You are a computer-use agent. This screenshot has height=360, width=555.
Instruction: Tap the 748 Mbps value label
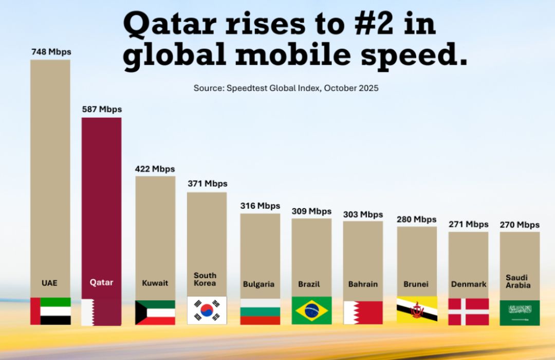pos(50,52)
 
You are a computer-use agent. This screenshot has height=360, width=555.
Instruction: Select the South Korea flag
pos(207,310)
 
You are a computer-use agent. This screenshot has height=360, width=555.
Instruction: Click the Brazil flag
pos(311,311)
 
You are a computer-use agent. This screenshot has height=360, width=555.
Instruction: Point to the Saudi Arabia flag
pos(520,313)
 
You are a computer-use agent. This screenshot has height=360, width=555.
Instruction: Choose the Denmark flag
pos(468,312)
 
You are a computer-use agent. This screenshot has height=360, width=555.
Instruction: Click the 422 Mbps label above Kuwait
pos(155,169)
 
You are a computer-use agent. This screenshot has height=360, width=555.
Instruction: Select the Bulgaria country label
pos(258,284)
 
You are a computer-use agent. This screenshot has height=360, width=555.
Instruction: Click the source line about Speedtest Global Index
pos(286,88)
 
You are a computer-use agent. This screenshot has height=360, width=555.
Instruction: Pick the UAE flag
pos(50,311)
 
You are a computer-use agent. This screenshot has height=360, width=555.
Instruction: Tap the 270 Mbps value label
pos(520,225)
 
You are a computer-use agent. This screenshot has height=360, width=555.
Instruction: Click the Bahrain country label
pos(363,284)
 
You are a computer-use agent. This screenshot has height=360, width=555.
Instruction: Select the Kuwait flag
pos(155,312)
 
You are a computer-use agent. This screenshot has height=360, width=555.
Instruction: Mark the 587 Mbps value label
pos(102,110)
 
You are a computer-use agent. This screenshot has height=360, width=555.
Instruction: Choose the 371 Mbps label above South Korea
pos(207,184)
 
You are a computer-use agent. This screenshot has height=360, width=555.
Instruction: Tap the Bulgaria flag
pos(260,312)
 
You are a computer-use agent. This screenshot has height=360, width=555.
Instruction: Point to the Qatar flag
pos(101,312)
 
